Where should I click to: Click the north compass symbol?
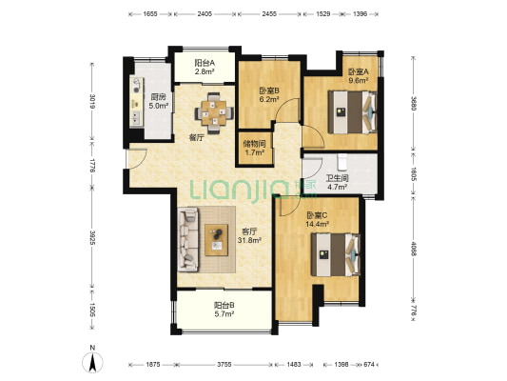pyautogui.click(x=92, y=360)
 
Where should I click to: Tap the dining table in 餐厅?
pyautogui.click(x=214, y=113)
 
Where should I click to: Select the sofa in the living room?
pyautogui.click(x=187, y=239)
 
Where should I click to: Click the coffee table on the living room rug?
pyautogui.click(x=217, y=240)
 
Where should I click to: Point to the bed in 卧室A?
pyautogui.click(x=353, y=112)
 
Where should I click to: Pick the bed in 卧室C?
pyautogui.click(x=336, y=254)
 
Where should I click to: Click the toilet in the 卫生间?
pyautogui.click(x=341, y=162)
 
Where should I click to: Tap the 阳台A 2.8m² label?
pyautogui.click(x=205, y=68)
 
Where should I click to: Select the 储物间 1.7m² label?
pyautogui.click(x=255, y=148)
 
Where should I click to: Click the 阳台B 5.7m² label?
pyautogui.click(x=224, y=310)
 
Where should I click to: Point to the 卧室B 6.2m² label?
pyautogui.click(x=269, y=95)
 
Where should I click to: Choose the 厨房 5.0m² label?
pyautogui.click(x=159, y=101)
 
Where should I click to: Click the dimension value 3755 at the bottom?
pyautogui.click(x=224, y=365)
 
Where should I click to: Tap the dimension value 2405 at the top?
pyautogui.click(x=205, y=14)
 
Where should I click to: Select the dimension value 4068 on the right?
pyautogui.click(x=413, y=248)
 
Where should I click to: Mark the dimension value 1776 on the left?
pyautogui.click(x=92, y=165)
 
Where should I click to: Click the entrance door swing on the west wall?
pyautogui.click(x=137, y=159)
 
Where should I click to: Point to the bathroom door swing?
pyautogui.click(x=313, y=167)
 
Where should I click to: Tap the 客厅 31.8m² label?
pyautogui.click(x=249, y=236)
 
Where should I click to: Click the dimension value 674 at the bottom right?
pyautogui.click(x=369, y=365)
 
